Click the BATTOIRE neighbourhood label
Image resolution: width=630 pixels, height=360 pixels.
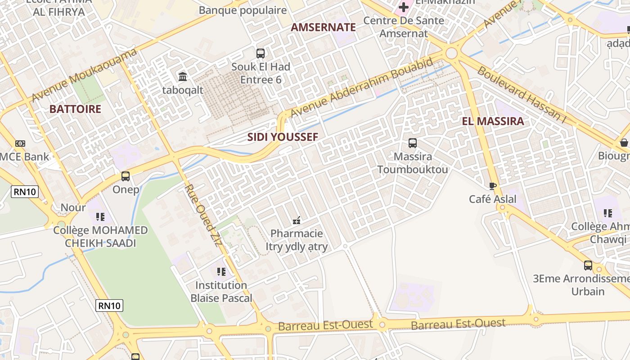75,109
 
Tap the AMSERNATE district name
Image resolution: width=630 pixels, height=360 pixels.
323,27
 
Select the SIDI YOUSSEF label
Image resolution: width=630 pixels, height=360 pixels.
283,137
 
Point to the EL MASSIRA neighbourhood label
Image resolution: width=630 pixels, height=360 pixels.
493,121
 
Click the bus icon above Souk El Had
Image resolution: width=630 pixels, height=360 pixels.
261,54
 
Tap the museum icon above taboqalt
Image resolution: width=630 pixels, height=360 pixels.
183,76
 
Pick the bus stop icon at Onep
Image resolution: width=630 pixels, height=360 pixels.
126,176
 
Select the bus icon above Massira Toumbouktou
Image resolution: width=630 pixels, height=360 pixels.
413,143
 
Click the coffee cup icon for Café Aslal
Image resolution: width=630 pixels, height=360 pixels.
493,186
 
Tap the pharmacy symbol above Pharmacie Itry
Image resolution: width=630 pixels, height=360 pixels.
297,220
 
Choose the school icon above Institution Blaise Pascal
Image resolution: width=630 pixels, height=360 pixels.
221,272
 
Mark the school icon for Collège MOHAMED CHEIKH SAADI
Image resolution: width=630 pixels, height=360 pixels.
100,217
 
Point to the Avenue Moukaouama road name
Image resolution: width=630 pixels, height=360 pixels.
84,76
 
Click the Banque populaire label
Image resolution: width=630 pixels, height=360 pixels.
243,10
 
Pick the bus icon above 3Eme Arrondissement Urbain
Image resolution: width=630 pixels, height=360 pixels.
588,265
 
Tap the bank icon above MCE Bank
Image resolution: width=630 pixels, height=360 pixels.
20,144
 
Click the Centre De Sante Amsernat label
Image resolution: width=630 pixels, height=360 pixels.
404,27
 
